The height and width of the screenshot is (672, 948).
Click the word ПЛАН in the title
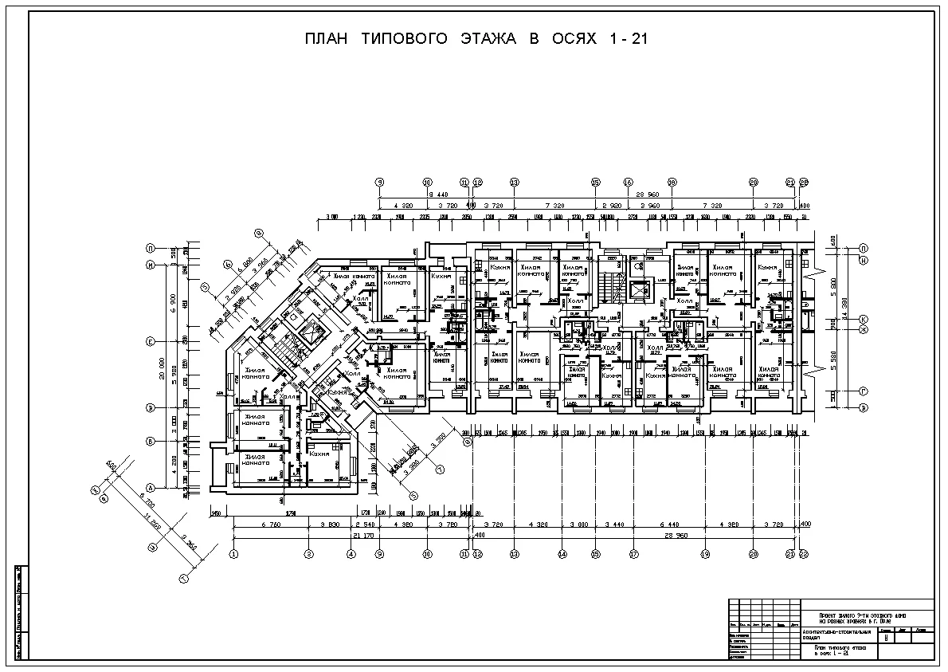click(326, 39)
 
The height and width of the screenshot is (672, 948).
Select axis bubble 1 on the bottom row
click(233, 553)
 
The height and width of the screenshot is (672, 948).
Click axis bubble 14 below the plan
click(562, 553)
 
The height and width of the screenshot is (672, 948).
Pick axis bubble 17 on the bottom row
click(634, 553)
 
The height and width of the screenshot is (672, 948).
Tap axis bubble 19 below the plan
click(705, 553)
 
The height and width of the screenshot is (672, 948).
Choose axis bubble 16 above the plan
click(628, 183)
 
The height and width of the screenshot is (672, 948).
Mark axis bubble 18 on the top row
click(672, 183)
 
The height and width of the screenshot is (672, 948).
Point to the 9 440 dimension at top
click(437, 195)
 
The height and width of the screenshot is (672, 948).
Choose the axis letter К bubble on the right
click(863, 319)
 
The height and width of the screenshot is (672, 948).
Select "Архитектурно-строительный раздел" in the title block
click(834, 634)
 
